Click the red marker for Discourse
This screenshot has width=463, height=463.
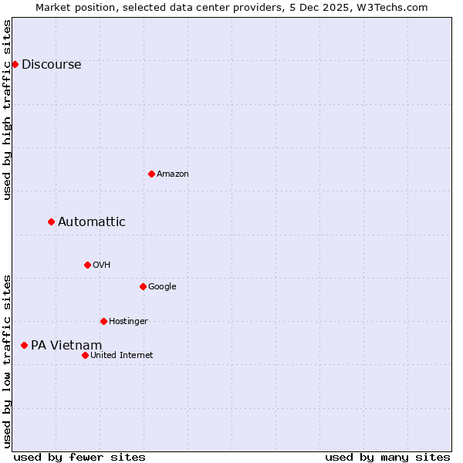15,64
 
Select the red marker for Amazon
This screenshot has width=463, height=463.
151,174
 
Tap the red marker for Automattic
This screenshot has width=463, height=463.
51,221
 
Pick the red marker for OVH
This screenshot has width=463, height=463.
87,265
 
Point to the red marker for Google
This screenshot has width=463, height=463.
143,286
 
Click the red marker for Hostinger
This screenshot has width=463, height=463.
103,321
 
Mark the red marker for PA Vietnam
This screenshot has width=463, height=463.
24,345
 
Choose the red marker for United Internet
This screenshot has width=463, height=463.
85,355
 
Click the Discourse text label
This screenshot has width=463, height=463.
51,65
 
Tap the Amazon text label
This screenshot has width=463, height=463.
173,174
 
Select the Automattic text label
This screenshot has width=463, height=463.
91,222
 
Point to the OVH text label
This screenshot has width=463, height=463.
102,265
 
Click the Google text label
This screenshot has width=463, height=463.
162,287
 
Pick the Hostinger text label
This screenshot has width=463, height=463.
128,322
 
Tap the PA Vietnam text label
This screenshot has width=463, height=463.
66,346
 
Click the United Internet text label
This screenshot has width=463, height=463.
121,356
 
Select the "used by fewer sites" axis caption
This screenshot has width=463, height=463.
79,457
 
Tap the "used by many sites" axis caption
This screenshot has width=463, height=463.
387,457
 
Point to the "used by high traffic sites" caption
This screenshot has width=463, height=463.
8,110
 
